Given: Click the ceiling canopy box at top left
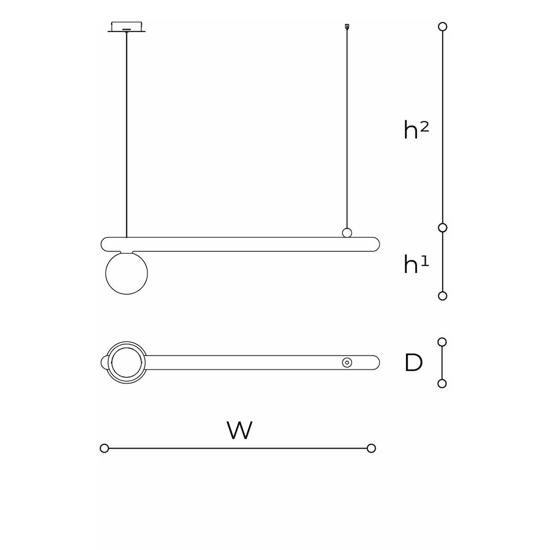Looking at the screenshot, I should pyautogui.click(x=127, y=26).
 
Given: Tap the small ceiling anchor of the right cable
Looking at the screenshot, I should pyautogui.click(x=346, y=26).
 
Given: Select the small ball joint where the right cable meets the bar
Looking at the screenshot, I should pyautogui.click(x=347, y=233).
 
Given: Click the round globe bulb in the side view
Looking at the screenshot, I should pyautogui.click(x=127, y=273).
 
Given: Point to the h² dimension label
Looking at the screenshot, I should pyautogui.click(x=416, y=130).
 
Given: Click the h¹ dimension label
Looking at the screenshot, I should pyautogui.click(x=416, y=265).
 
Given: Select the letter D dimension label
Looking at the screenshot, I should pyautogui.click(x=414, y=363).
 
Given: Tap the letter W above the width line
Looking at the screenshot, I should pyautogui.click(x=239, y=431).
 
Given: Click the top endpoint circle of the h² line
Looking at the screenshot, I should pyautogui.click(x=442, y=26).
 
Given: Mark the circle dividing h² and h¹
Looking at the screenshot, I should pyautogui.click(x=442, y=228).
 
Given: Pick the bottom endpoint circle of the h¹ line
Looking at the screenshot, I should pyautogui.click(x=442, y=296).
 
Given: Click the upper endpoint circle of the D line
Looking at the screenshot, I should pyautogui.click(x=442, y=342).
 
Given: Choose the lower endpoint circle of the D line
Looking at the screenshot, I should pyautogui.click(x=442, y=383).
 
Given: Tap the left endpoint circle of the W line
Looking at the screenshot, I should pyautogui.click(x=105, y=448).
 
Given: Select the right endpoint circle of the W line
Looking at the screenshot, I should pyautogui.click(x=371, y=448).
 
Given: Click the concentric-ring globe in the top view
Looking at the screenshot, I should pyautogui.click(x=127, y=362).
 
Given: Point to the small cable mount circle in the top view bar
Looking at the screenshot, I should pyautogui.click(x=347, y=362).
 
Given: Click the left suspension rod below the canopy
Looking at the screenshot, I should pyautogui.click(x=127, y=132).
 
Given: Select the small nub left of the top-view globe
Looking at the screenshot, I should pyautogui.click(x=103, y=362).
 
